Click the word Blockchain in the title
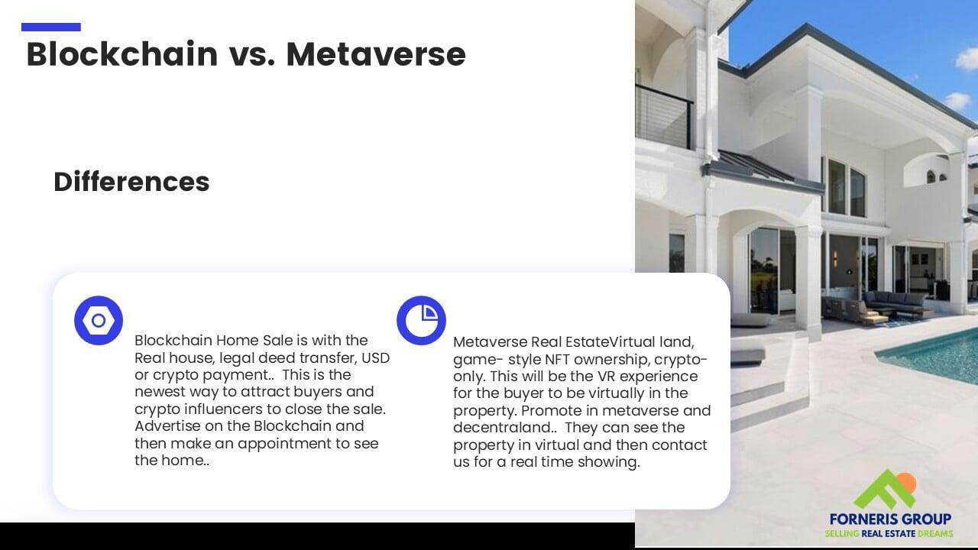(122, 54)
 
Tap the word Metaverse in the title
(376, 54)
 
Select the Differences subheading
(131, 182)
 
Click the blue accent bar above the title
(51, 27)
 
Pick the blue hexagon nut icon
(99, 320)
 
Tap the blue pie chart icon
(421, 320)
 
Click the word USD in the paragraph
(375, 358)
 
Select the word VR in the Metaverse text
(607, 377)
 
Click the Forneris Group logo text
(890, 519)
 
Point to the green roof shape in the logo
(882, 491)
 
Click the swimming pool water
(934, 358)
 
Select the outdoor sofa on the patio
(895, 300)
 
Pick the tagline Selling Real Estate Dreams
(889, 533)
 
